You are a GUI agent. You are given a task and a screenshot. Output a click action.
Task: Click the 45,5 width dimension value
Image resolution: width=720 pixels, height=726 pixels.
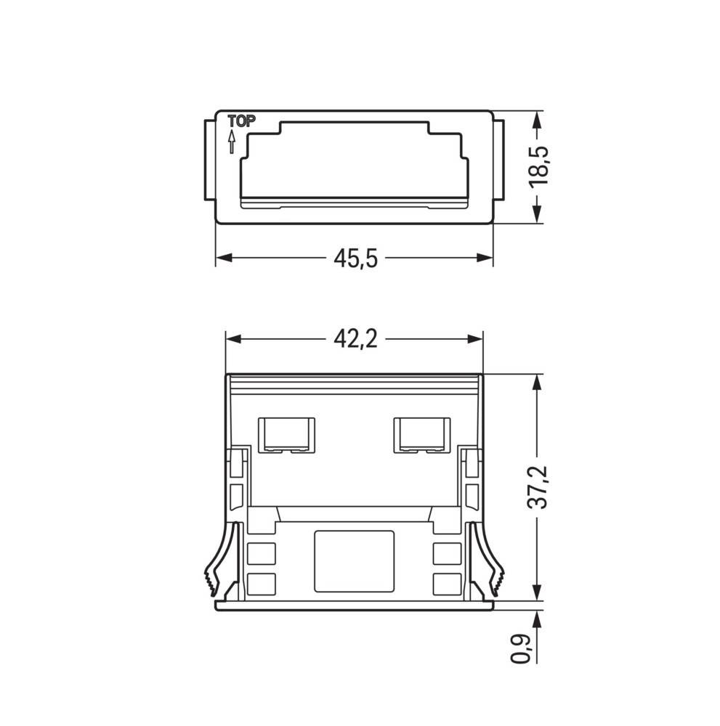[x=355, y=258]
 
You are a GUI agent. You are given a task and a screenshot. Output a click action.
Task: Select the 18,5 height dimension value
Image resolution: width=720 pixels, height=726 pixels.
[x=538, y=167]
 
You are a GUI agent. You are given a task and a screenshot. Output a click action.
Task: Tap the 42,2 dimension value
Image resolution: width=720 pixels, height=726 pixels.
[x=355, y=339]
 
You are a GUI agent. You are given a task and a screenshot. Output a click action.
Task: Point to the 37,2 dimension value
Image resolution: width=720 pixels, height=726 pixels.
[x=538, y=488]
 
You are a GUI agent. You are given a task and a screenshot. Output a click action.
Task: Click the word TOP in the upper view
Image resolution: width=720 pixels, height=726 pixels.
[x=241, y=122]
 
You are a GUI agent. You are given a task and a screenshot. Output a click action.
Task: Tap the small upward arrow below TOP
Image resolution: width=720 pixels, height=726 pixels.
[x=232, y=141]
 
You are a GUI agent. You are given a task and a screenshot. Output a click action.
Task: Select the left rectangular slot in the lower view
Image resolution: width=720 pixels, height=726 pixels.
[x=286, y=434]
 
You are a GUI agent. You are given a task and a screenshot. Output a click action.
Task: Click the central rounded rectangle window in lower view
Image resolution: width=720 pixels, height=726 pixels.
[x=354, y=559]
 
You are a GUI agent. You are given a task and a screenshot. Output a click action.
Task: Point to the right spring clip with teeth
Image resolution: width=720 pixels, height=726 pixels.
[x=492, y=559]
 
